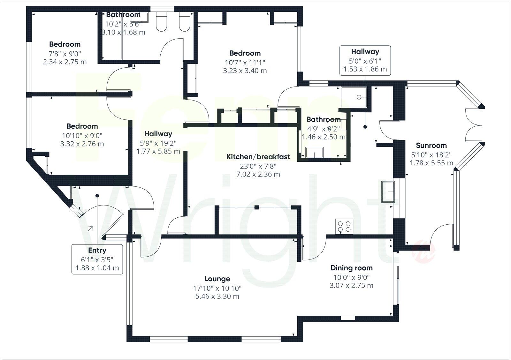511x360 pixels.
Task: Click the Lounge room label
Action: point(217,279)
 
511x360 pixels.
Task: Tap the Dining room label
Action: point(351,268)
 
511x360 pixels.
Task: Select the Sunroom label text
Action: point(431,146)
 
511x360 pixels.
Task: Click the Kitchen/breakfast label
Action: point(258,157)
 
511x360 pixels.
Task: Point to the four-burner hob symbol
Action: point(344,226)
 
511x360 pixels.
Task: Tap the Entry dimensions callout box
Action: point(97,259)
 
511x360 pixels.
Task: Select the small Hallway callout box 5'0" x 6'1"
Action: point(365,60)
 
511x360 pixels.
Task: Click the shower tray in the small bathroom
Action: point(354,97)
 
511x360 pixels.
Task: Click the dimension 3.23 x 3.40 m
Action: point(245,71)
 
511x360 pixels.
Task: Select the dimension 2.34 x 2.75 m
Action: point(65,62)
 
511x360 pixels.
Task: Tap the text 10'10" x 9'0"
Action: point(82,135)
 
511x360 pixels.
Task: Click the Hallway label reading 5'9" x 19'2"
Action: point(158,143)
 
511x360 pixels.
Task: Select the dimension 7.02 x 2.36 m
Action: point(258,174)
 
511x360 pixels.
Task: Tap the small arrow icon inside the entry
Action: point(90,229)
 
